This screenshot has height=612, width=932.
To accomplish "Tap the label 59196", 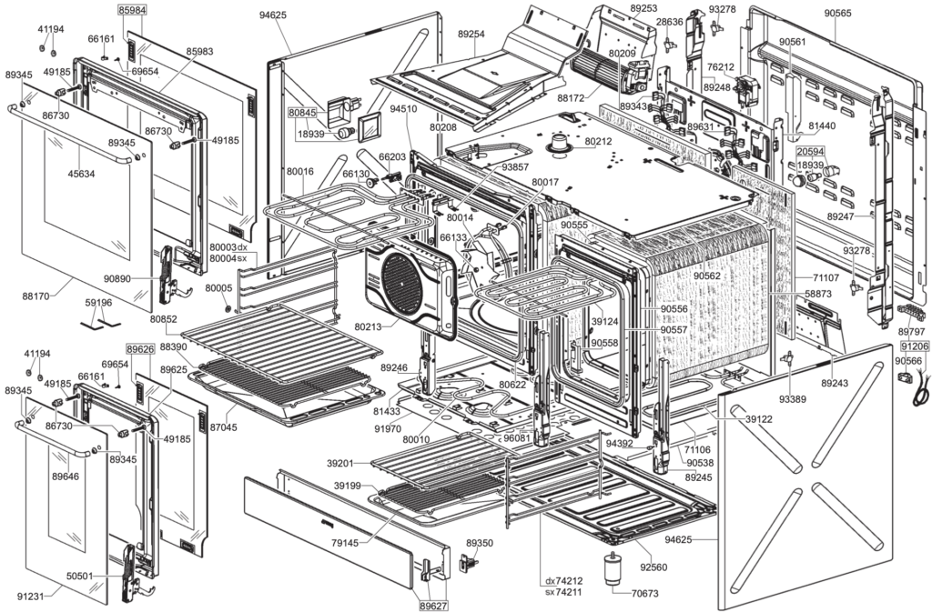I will (x=98, y=303).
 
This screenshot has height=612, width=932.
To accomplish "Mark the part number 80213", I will (x=368, y=326).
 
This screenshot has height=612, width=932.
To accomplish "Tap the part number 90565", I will (x=837, y=14).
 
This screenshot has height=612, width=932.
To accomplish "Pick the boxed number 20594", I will (x=810, y=152).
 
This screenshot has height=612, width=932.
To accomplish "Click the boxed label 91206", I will (x=914, y=346).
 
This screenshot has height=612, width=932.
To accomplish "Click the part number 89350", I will (x=479, y=543).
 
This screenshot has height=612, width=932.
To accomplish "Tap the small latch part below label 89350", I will (x=471, y=563).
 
